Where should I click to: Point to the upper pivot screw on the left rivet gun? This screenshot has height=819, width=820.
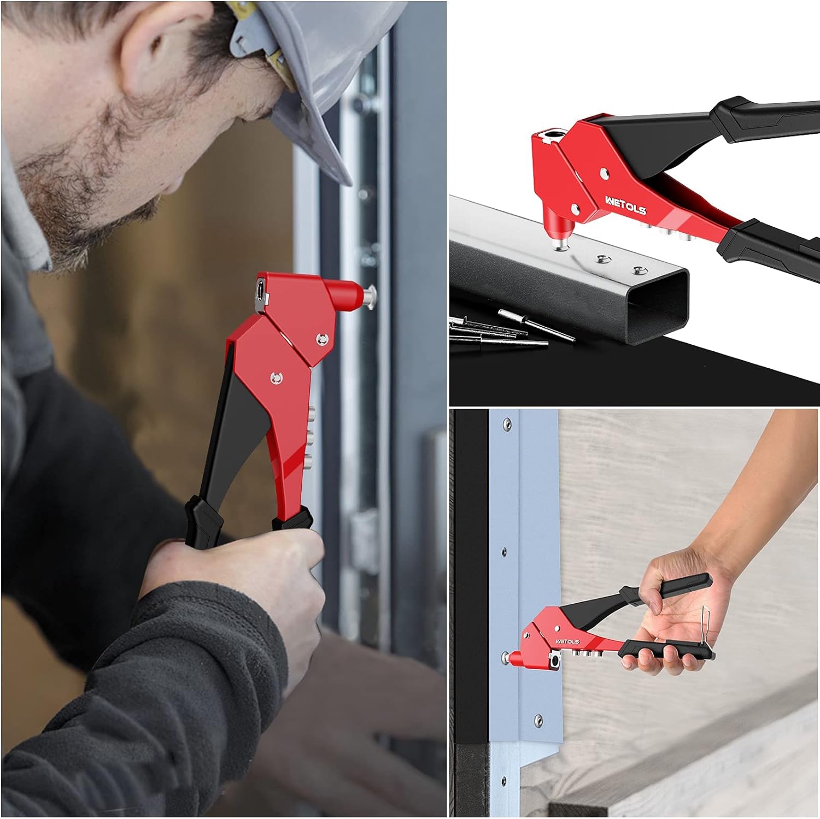click(321, 340)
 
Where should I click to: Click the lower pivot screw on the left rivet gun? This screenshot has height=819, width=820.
click(277, 377)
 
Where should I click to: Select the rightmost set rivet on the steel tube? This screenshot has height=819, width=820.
click(637, 269)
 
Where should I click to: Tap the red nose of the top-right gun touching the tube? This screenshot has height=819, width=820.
click(558, 229)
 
